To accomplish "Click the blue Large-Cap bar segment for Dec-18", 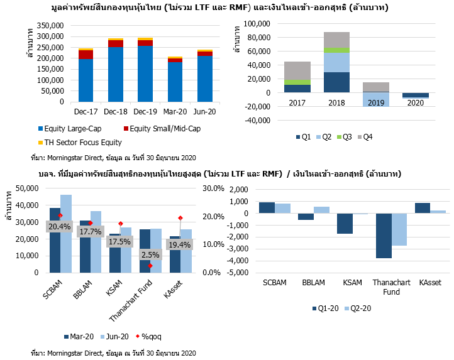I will (x=115, y=74).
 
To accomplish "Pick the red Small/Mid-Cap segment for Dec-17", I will (x=86, y=54).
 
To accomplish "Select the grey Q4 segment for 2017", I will (x=297, y=71).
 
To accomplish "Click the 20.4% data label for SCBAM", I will (x=60, y=226).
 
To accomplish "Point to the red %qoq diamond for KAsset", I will (x=180, y=218).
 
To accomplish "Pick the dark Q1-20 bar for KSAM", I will (x=344, y=224).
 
